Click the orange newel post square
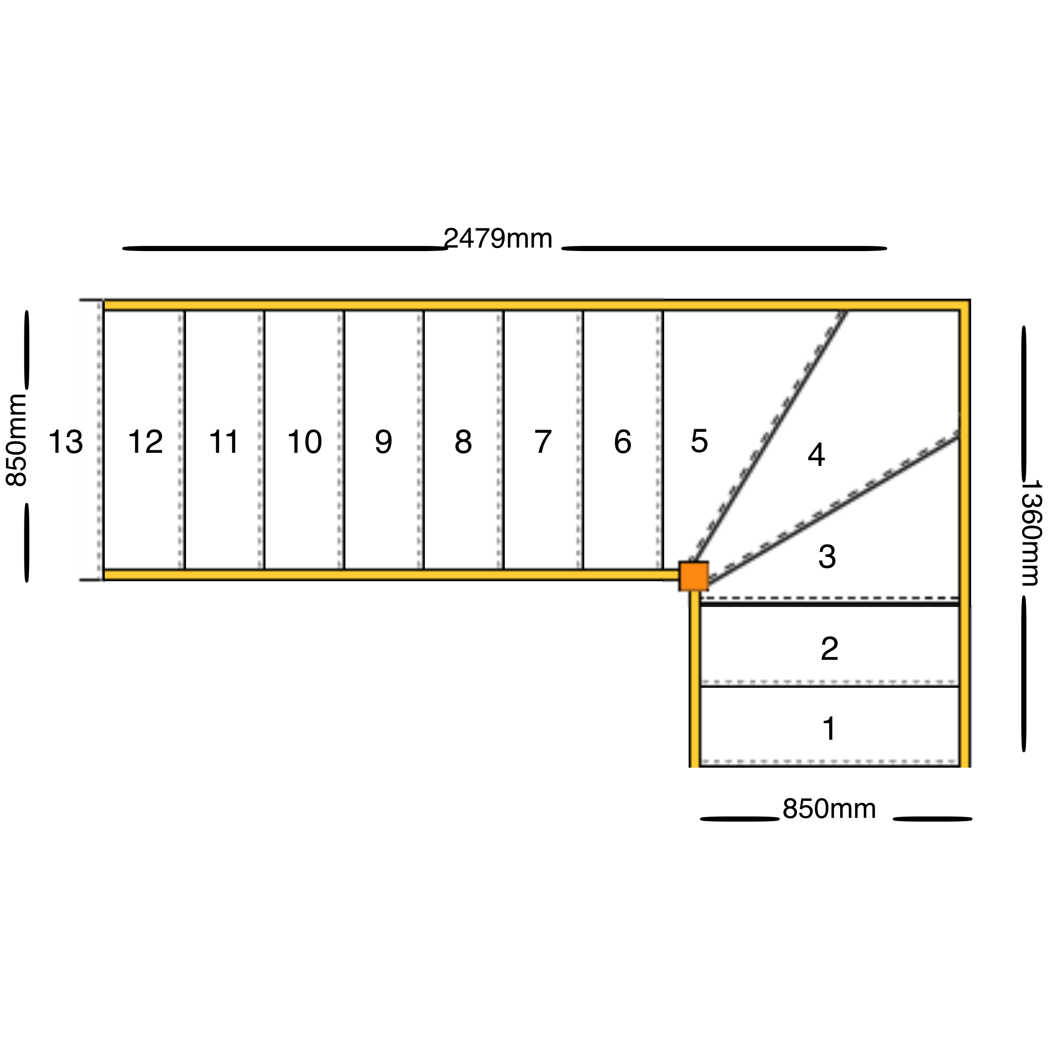(694, 576)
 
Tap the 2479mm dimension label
(498, 239)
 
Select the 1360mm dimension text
(1029, 533)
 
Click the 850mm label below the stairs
(829, 824)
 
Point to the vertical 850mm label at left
(16, 441)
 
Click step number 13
(65, 441)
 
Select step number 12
(145, 441)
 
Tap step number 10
(304, 441)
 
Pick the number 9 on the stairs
(383, 441)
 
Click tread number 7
(543, 441)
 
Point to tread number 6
(623, 441)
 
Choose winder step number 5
(699, 441)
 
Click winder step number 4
(817, 455)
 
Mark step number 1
(829, 728)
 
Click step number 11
(224, 441)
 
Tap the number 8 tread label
(463, 441)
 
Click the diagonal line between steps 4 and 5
(769, 437)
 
